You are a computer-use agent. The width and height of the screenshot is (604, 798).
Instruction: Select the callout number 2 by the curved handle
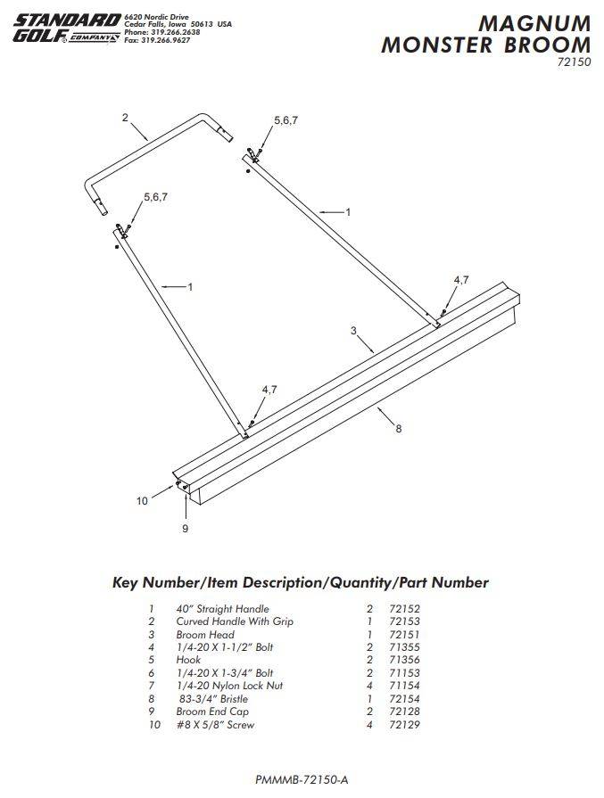pyautogui.click(x=125, y=117)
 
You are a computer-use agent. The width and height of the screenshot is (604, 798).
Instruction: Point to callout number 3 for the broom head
pyautogui.click(x=354, y=331)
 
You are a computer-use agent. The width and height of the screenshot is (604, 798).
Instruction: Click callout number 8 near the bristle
pyautogui.click(x=398, y=428)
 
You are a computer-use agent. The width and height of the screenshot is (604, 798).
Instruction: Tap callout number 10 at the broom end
pyautogui.click(x=142, y=500)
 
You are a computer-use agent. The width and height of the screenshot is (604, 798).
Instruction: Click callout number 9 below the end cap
pyautogui.click(x=186, y=529)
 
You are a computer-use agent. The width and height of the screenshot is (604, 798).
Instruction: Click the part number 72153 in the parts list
pyautogui.click(x=404, y=621)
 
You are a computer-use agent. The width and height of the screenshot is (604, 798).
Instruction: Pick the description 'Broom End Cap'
pyautogui.click(x=212, y=712)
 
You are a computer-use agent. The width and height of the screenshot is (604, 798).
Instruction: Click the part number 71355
pyautogui.click(x=404, y=647)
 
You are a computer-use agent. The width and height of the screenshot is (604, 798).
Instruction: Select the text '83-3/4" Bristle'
pyautogui.click(x=213, y=699)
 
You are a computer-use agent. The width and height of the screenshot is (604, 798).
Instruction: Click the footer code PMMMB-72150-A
pyautogui.click(x=301, y=779)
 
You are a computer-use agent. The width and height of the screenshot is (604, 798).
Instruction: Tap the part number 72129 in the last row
pyautogui.click(x=404, y=725)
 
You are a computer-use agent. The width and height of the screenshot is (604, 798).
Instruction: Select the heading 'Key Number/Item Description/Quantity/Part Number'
pyautogui.click(x=301, y=583)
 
